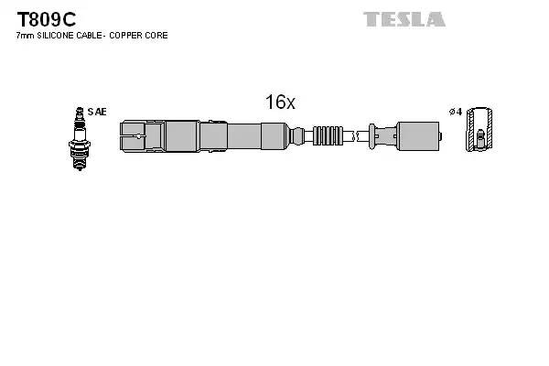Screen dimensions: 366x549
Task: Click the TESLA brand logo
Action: click(x=404, y=19)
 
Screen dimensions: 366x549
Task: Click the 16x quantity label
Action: click(x=280, y=102)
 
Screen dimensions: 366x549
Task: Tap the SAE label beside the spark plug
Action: click(x=99, y=112)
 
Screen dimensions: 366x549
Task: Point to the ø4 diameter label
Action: click(x=455, y=112)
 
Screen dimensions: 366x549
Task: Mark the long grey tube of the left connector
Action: click(x=230, y=135)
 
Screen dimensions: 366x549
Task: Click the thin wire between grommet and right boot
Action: click(x=356, y=135)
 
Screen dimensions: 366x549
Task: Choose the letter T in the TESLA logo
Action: click(x=371, y=19)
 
